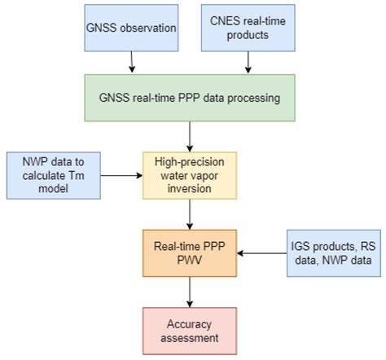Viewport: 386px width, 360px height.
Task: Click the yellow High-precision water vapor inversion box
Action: [x=190, y=174]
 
